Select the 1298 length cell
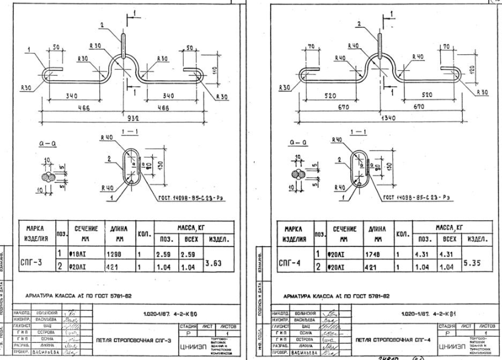coord(115,254)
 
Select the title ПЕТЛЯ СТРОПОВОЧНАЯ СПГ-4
coord(388,340)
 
